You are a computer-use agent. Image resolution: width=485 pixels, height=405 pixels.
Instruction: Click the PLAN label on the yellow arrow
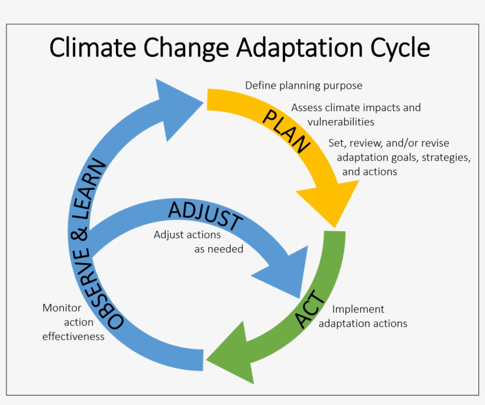pyautogui.click(x=287, y=131)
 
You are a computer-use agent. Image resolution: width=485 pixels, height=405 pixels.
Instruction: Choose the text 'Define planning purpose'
pyautogui.click(x=303, y=86)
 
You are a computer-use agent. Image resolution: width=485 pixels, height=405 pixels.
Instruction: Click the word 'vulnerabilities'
pyautogui.click(x=341, y=122)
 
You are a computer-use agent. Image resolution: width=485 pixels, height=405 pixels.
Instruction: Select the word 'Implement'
pyautogui.click(x=358, y=309)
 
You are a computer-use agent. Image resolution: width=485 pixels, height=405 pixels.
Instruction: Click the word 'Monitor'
pyautogui.click(x=62, y=308)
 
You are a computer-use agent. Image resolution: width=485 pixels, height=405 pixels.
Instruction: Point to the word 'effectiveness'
pyautogui.click(x=73, y=336)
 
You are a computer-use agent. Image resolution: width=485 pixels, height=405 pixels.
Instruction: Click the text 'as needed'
pyautogui.click(x=219, y=249)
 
